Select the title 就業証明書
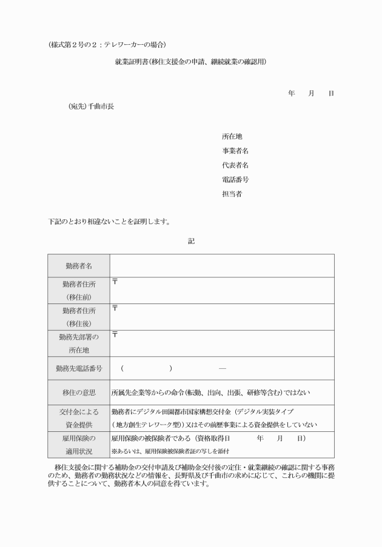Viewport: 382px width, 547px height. pos(191,62)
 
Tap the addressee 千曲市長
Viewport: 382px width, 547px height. pos(91,107)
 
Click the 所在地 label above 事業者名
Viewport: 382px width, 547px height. pos(232,136)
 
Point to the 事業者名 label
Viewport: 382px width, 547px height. pos(235,151)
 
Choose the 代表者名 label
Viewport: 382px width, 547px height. pos(235,165)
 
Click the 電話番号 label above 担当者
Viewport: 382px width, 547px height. pos(235,180)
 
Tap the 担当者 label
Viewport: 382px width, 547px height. pos(232,194)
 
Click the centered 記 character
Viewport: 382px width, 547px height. pos(191,241)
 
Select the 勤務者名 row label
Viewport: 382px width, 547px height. pos(79,266)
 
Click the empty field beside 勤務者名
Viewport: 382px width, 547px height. pos(221,266)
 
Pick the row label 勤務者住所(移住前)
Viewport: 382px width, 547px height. pos(79,290)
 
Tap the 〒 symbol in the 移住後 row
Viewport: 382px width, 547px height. pos(115,308)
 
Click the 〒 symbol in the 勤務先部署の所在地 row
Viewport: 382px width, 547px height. pos(115,335)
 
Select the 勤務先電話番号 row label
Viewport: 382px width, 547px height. pos(79,368)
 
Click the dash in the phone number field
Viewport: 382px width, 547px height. pos(222,368)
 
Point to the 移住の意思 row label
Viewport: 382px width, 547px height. pos(79,393)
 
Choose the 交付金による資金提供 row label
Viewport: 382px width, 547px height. pos(79,418)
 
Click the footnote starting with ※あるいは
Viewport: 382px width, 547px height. pos(170,451)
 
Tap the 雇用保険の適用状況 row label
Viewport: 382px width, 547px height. pos(79,445)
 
